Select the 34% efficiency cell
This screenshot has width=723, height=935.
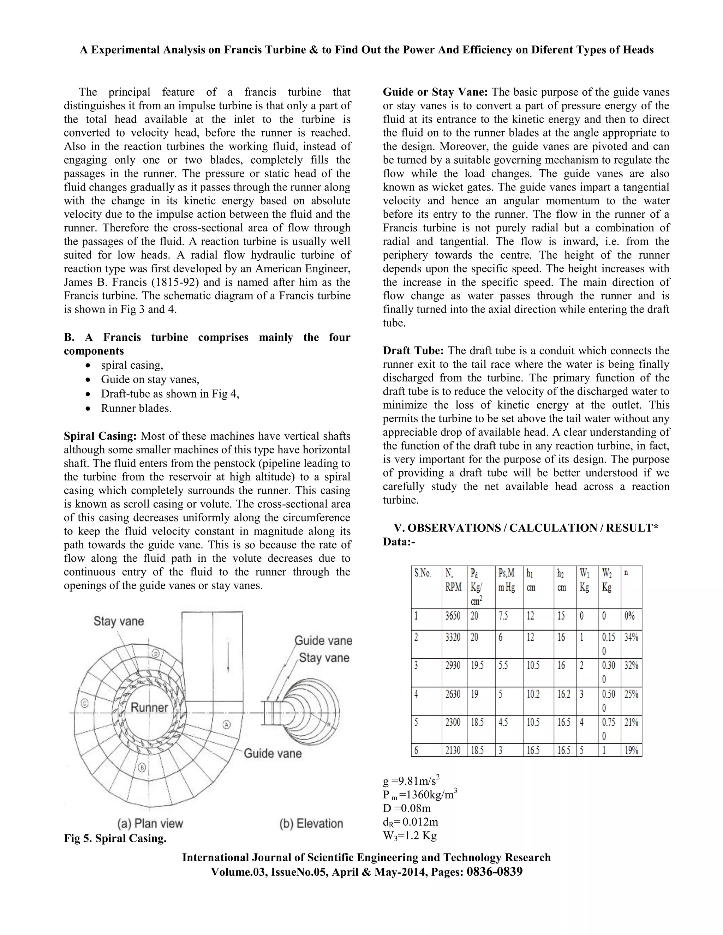631,638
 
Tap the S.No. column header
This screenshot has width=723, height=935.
423,573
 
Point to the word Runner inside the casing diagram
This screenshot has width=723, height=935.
149,707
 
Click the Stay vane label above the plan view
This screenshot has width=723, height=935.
119,621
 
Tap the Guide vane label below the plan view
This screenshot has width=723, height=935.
273,754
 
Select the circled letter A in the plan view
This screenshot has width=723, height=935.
227,725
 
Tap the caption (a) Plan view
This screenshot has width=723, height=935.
150,823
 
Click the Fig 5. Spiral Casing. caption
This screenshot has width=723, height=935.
115,838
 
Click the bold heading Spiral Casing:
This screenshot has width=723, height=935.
100,436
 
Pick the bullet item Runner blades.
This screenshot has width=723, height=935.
136,409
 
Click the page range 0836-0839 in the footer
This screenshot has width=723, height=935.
495,871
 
